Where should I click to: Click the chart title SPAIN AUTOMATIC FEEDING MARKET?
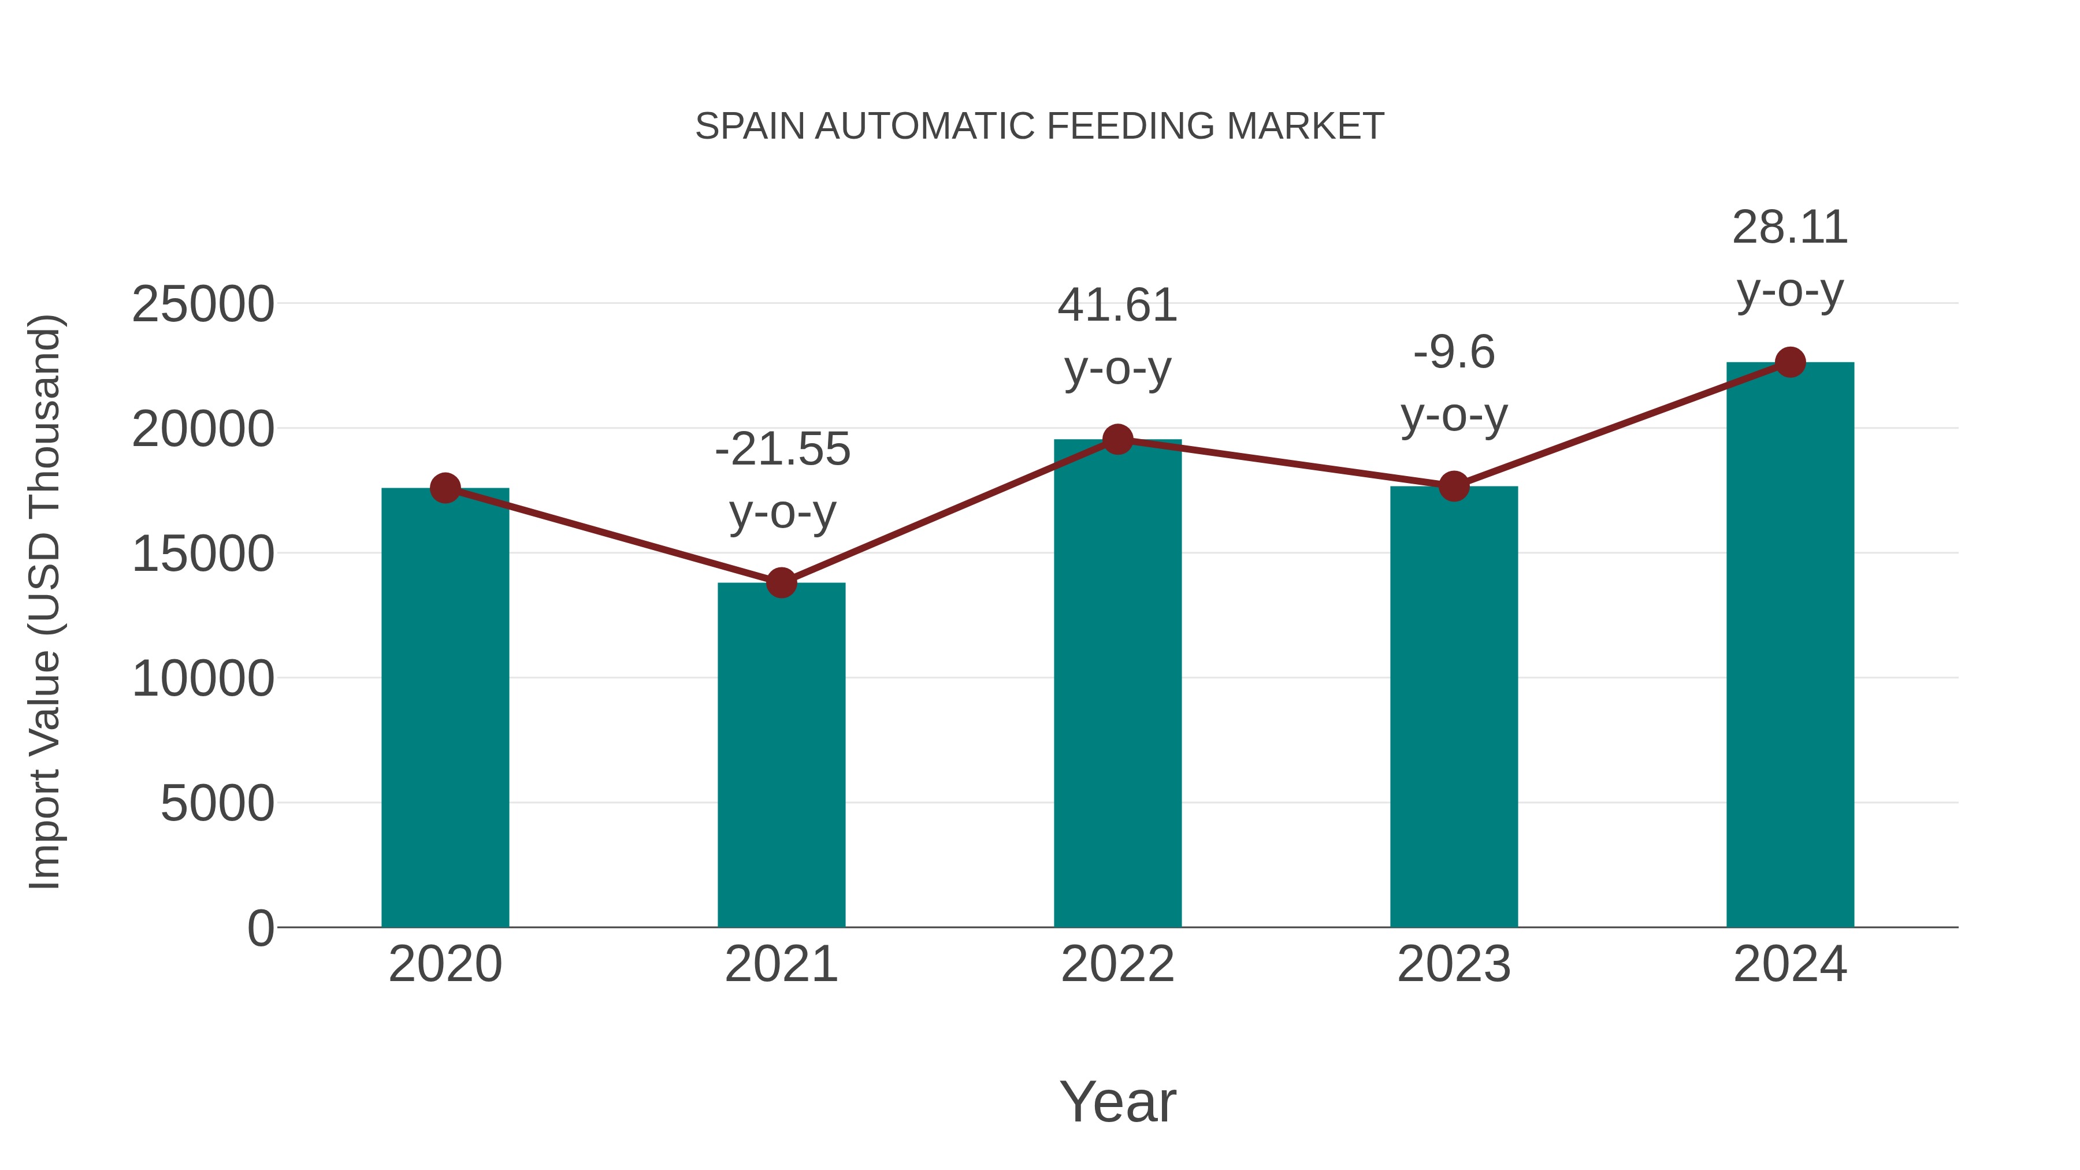[1039, 127]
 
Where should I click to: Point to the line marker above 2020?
[445, 488]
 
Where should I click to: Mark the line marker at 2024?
[1790, 362]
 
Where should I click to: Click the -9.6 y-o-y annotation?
[1454, 384]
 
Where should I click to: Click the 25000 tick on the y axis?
[203, 304]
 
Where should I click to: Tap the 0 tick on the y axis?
[260, 928]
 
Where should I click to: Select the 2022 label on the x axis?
[1117, 964]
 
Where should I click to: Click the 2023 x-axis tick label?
[1454, 964]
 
